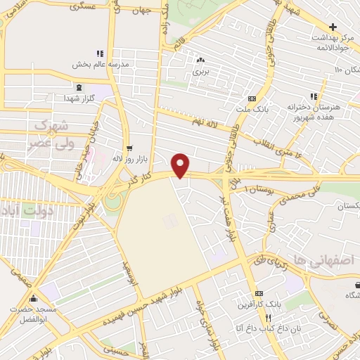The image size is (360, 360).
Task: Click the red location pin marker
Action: pyautogui.click(x=181, y=165)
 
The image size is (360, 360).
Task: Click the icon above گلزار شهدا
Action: pyautogui.click(x=79, y=87)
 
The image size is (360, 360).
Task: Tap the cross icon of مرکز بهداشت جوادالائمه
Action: pyautogui.click(x=333, y=27)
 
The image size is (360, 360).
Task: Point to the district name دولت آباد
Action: pyautogui.click(x=27, y=210)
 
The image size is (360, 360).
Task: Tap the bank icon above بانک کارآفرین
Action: pyautogui.click(x=259, y=293)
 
